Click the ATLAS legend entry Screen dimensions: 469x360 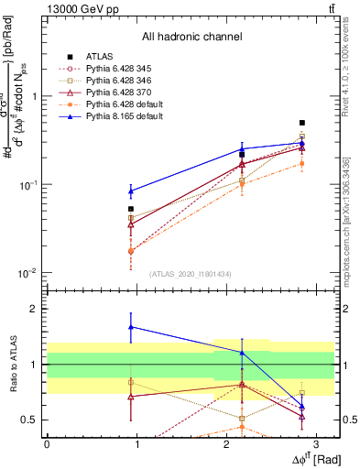(102, 57)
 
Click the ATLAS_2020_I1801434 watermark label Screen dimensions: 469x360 (191, 274)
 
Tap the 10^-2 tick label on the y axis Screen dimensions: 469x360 (27, 273)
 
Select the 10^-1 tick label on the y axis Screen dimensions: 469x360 (27, 184)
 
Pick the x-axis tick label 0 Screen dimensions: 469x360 (47, 442)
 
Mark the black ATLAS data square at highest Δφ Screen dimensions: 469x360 (302, 123)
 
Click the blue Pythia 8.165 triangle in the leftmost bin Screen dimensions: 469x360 (131, 191)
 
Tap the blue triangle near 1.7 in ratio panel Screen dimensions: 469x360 (131, 326)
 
